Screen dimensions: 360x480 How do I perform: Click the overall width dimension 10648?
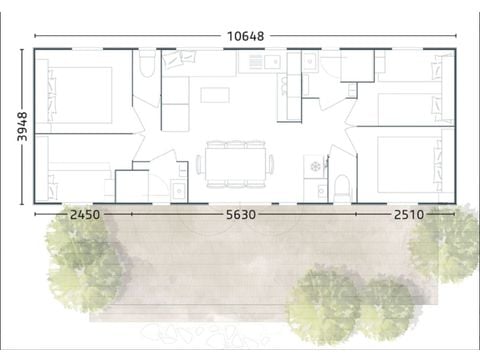point(245,36)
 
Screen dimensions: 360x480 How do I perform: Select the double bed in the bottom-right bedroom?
point(400,160)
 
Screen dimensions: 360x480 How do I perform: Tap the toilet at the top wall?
point(147,67)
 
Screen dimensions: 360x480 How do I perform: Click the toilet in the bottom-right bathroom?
point(341,187)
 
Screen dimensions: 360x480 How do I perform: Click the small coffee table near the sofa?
point(214,96)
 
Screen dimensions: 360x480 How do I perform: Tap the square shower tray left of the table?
point(131,186)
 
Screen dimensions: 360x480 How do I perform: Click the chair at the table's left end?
point(199,163)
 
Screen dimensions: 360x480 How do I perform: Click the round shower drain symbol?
point(314,163)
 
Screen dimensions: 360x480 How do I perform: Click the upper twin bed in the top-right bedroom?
point(405,70)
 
